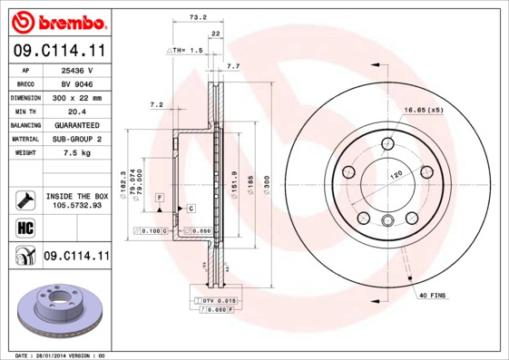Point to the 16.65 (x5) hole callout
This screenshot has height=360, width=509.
pyautogui.click(x=423, y=110)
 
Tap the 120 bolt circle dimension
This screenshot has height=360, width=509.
pyautogui.click(x=396, y=174)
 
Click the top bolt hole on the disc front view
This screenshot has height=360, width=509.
pyautogui.click(x=388, y=142)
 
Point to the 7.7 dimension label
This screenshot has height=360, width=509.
pyautogui.click(x=232, y=66)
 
